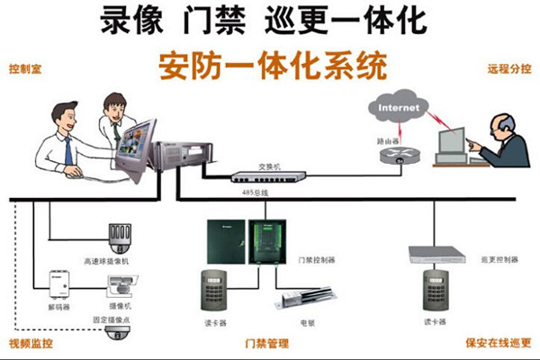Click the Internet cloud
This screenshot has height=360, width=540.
click(398, 110)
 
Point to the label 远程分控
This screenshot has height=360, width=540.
click(508, 69)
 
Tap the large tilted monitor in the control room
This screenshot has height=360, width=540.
click(139, 148)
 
